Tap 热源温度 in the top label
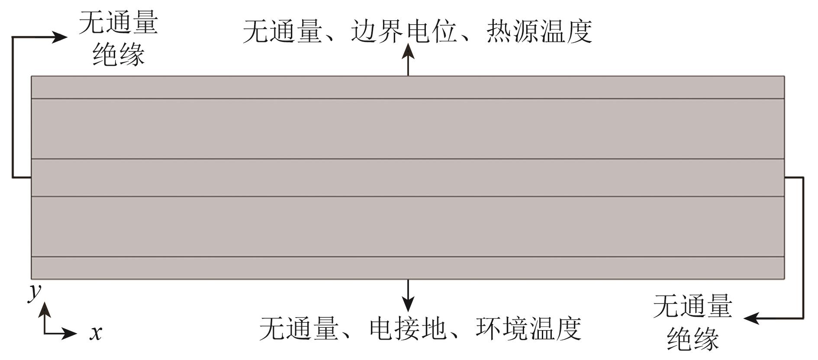coord(539,31)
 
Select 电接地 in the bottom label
coord(408,328)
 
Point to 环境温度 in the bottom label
coord(528,328)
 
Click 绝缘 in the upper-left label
coord(119,55)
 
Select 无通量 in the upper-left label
coord(119,22)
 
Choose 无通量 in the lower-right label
coord(692,306)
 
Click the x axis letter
coord(96,333)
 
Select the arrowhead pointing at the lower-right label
coord(751,318)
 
